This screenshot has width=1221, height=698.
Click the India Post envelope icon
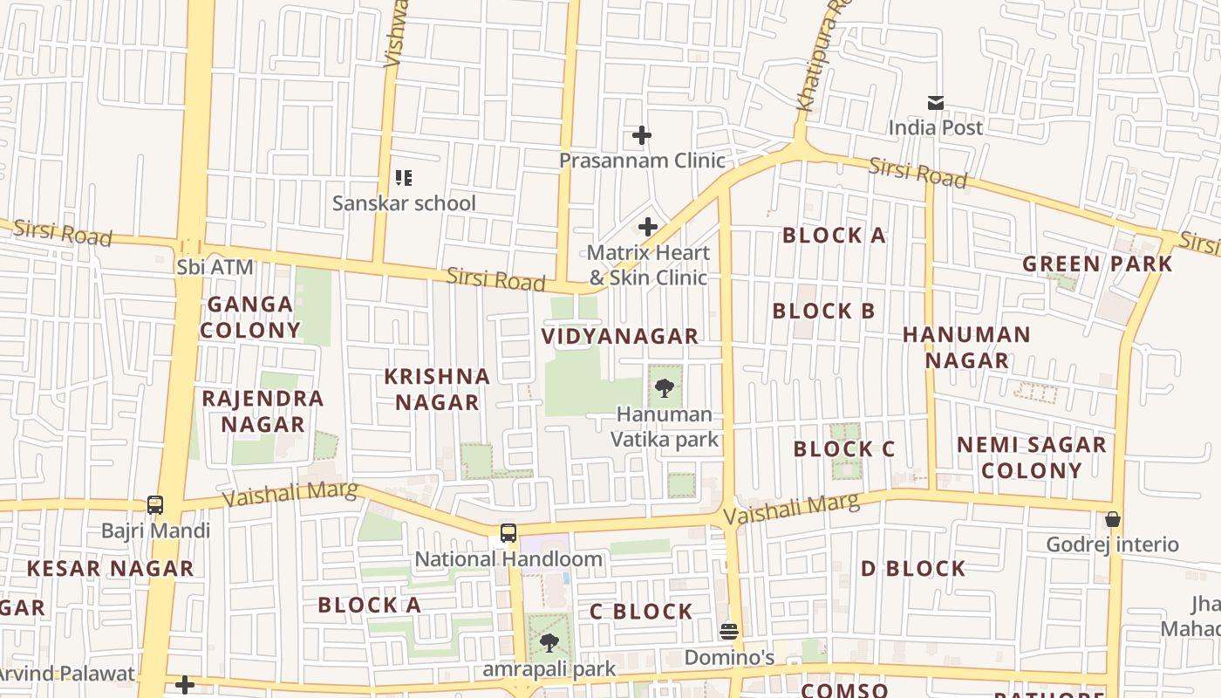pos(935,103)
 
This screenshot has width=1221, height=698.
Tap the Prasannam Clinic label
pos(642,161)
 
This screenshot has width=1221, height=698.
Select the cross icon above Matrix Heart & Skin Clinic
pos(647,227)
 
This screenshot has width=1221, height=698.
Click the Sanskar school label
pos(404,203)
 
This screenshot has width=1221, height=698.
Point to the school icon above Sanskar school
pos(403,178)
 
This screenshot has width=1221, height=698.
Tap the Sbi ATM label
pos(215,267)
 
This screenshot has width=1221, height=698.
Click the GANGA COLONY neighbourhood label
pos(250,317)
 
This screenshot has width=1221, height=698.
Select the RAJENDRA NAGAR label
pos(263,411)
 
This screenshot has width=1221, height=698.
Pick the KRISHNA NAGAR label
pos(437,389)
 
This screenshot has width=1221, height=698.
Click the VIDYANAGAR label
pos(620,336)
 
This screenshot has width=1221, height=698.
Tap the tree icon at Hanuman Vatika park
pos(665,387)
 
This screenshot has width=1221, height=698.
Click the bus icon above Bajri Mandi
pos(155,505)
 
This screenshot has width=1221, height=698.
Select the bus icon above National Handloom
pos(508,533)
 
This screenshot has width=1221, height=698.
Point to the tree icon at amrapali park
pos(549,644)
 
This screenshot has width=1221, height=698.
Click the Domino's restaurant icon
pos(729,631)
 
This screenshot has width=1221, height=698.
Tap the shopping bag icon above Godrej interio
pos(1112,519)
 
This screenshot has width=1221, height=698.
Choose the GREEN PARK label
pos(1097,263)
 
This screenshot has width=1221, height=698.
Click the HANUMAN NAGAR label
pos(966,347)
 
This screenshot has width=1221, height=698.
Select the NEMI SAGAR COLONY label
pos(1032,457)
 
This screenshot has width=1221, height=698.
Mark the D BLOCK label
pos(913,569)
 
